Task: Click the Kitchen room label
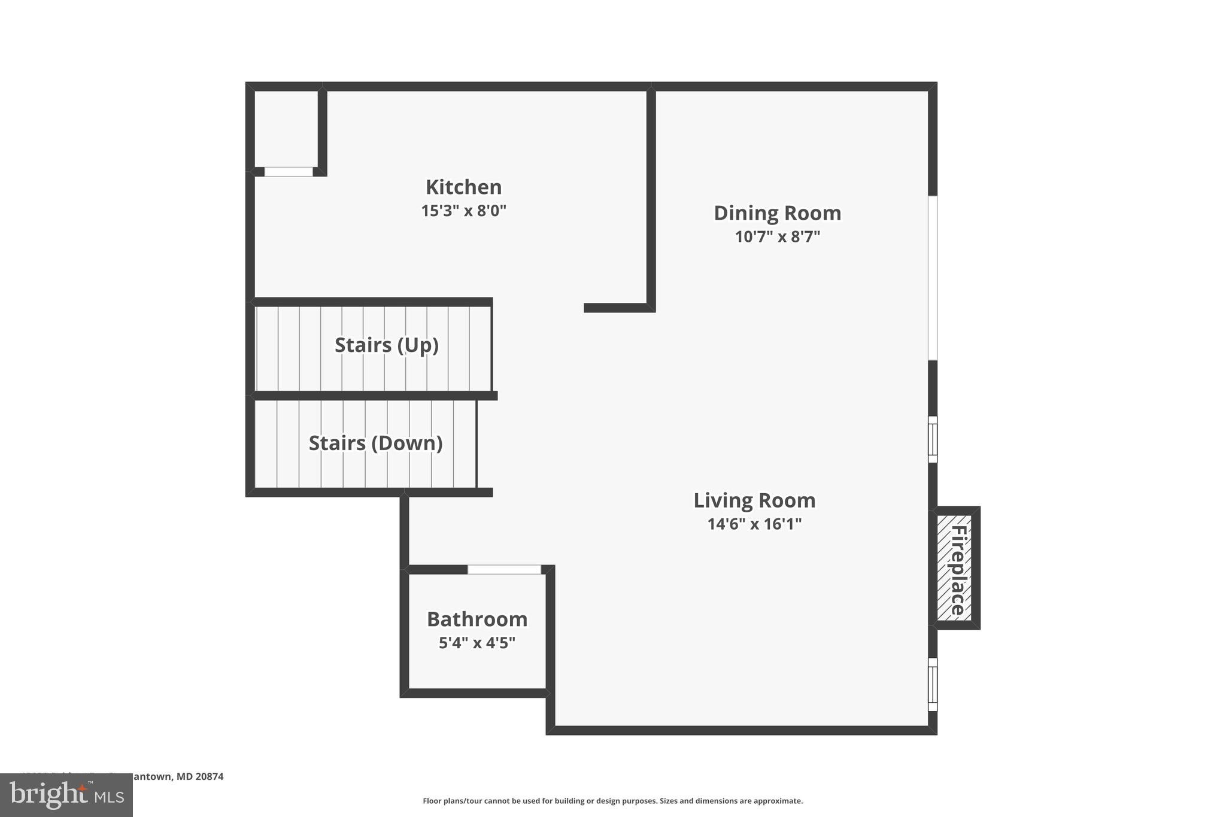click(463, 187)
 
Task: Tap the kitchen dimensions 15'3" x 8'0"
click(463, 211)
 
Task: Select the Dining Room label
click(777, 213)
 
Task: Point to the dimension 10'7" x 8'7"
click(777, 237)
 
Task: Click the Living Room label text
click(754, 500)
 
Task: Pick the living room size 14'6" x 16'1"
click(754, 524)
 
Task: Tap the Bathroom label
click(477, 619)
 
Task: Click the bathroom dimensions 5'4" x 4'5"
click(477, 643)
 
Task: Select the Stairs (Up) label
click(386, 345)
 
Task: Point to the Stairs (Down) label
click(375, 444)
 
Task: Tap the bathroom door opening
click(504, 570)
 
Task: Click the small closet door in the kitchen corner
click(289, 172)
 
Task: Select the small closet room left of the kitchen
click(286, 129)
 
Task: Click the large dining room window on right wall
click(933, 278)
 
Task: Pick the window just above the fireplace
click(933, 439)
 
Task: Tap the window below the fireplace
click(933, 684)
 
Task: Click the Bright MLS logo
click(66, 795)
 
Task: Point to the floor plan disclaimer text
click(612, 801)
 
